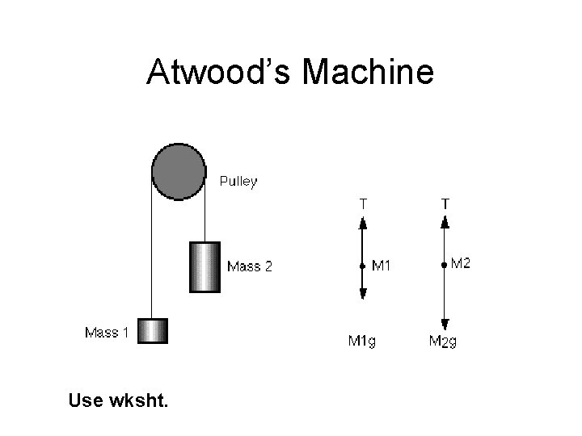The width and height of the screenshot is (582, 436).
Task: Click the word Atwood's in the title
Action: click(x=218, y=73)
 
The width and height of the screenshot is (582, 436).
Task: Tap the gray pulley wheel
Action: click(x=179, y=171)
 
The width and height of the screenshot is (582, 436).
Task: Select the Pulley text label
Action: click(x=238, y=182)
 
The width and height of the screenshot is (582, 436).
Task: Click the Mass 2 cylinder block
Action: click(x=205, y=266)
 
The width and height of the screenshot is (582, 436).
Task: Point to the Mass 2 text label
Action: click(x=250, y=266)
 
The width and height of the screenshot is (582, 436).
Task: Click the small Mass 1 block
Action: click(x=153, y=331)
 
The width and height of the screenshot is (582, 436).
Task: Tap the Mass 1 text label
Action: click(x=107, y=333)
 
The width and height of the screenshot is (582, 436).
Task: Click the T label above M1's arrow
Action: click(x=363, y=204)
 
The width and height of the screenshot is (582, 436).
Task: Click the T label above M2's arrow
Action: click(x=445, y=204)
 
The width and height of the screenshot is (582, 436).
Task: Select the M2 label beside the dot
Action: click(x=460, y=262)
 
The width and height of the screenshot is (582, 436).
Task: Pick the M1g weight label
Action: click(x=361, y=341)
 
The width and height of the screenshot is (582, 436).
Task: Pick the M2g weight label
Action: click(x=443, y=342)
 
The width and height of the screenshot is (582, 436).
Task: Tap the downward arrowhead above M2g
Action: click(x=445, y=322)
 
